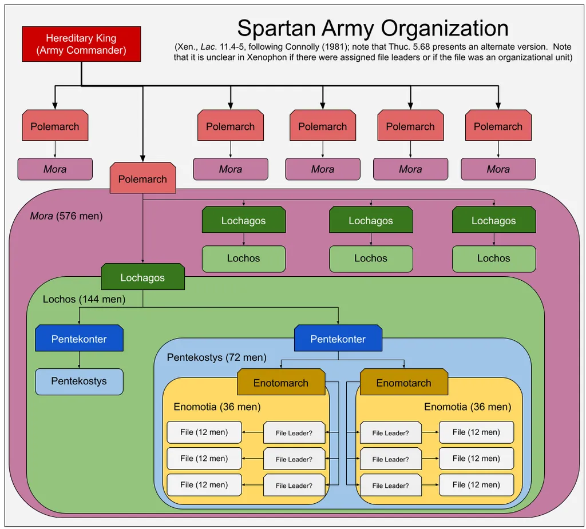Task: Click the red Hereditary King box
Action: [81, 44]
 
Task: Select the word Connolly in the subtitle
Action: [302, 47]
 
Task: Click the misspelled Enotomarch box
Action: [281, 382]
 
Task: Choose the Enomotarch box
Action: [403, 382]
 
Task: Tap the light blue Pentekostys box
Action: [79, 381]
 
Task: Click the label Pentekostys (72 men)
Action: [217, 357]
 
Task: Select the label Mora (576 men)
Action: [66, 216]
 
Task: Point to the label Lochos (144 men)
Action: [84, 299]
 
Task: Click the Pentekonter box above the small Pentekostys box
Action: [79, 338]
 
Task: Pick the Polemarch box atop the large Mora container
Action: [142, 178]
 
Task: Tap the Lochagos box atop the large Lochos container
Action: [142, 277]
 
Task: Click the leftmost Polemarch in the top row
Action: [55, 125]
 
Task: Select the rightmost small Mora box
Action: [498, 169]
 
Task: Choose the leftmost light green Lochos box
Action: [244, 258]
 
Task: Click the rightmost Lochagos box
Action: [494, 220]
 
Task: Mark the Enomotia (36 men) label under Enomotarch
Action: [468, 407]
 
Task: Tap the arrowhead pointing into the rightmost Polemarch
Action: [498, 106]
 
